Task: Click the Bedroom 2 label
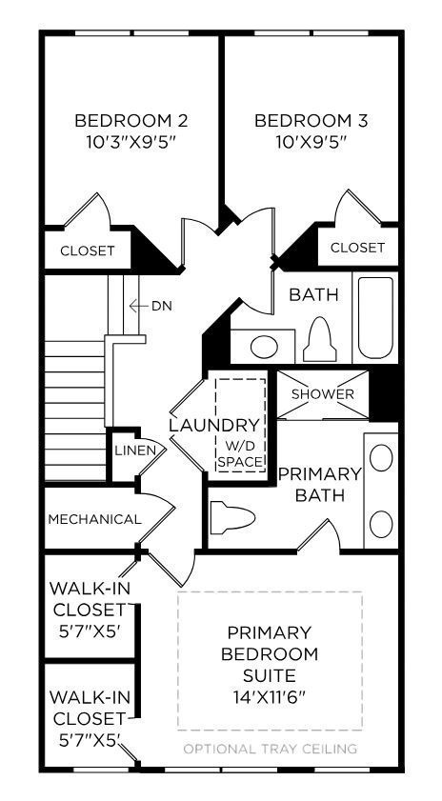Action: click(x=131, y=121)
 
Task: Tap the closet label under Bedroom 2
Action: click(x=88, y=251)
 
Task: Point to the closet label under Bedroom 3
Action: click(x=357, y=248)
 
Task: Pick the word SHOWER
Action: click(x=322, y=394)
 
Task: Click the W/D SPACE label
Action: click(x=240, y=453)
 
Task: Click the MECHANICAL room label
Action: click(x=94, y=520)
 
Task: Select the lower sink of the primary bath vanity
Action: click(x=381, y=523)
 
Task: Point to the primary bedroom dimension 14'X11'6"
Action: click(x=269, y=696)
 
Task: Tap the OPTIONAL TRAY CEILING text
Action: click(x=270, y=749)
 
